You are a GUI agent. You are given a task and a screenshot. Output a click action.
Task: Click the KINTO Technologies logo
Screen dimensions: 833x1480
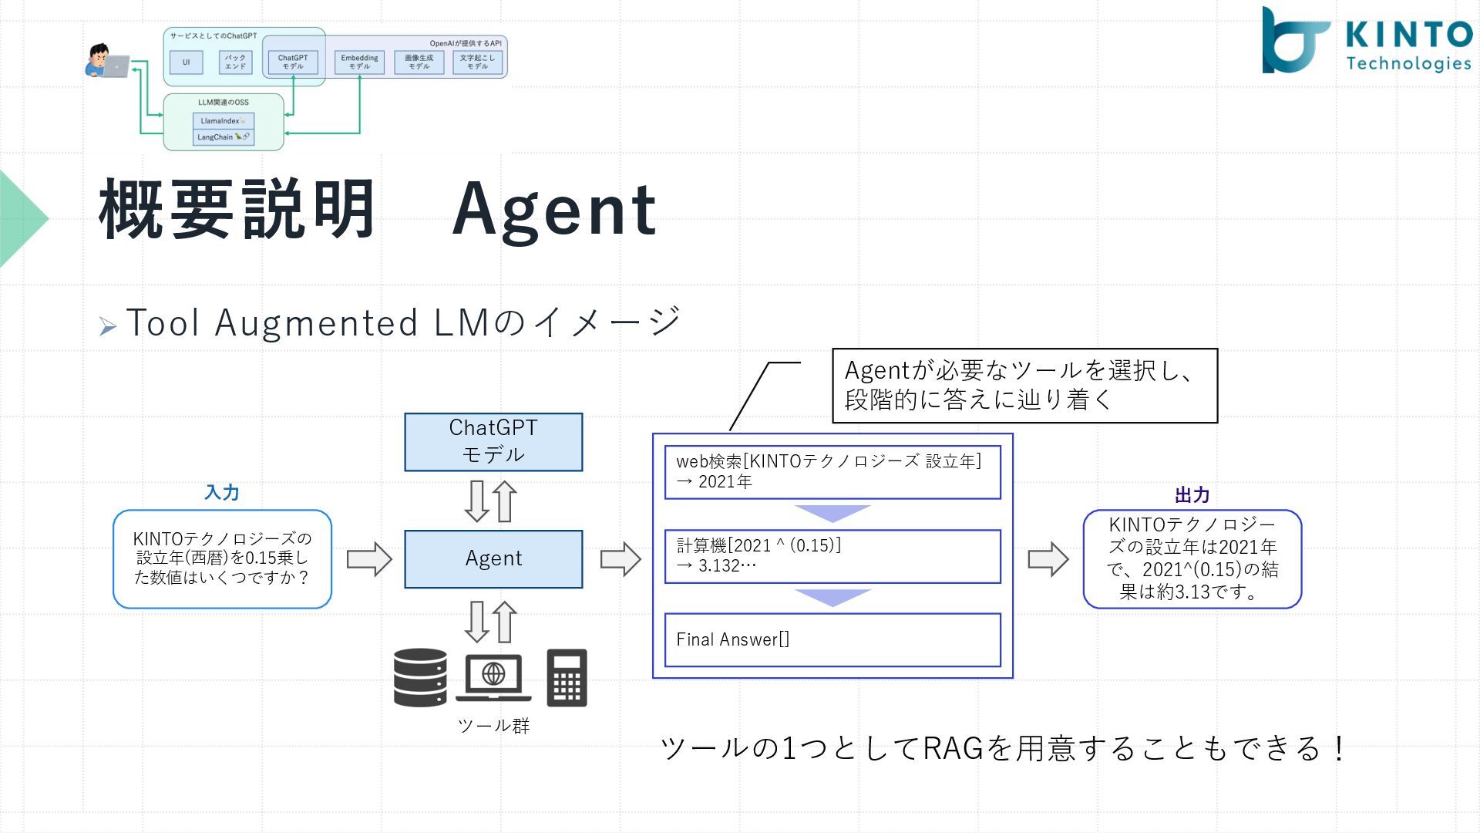pos(1365,41)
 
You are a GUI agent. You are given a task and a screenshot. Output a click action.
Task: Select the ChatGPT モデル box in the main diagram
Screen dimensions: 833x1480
pos(493,441)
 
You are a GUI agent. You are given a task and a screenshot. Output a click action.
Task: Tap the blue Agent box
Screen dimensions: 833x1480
pos(493,558)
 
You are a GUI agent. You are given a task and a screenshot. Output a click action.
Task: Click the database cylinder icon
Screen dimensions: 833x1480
pos(420,677)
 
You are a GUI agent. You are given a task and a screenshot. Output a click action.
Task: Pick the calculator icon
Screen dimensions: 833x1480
pos(567,677)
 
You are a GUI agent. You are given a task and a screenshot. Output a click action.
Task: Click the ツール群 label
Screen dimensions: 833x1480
pos(493,725)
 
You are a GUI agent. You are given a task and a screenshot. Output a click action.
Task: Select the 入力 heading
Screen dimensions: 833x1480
pos(222,492)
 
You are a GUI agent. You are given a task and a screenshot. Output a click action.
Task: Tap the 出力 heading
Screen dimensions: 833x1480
pos(1192,494)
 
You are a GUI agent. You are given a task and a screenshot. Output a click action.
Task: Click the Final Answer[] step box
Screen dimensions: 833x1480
pos(832,639)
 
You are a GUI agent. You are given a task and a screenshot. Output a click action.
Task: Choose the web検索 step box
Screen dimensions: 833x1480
pos(832,471)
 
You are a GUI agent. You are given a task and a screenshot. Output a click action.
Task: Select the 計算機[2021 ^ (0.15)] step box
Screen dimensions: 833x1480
pos(832,555)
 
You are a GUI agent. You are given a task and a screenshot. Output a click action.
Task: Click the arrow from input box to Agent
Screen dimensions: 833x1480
pos(368,558)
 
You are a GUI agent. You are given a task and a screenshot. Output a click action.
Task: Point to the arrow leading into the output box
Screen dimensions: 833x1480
pos(1048,558)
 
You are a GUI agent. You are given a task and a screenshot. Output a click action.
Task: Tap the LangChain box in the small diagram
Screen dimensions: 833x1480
pos(223,137)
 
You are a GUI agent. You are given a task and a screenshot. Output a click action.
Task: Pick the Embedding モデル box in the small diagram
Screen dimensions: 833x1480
pos(359,62)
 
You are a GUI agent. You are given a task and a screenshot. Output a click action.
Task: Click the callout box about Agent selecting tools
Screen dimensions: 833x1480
pos(1024,385)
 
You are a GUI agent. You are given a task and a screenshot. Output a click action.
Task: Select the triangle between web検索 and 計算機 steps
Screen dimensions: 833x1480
pos(832,513)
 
